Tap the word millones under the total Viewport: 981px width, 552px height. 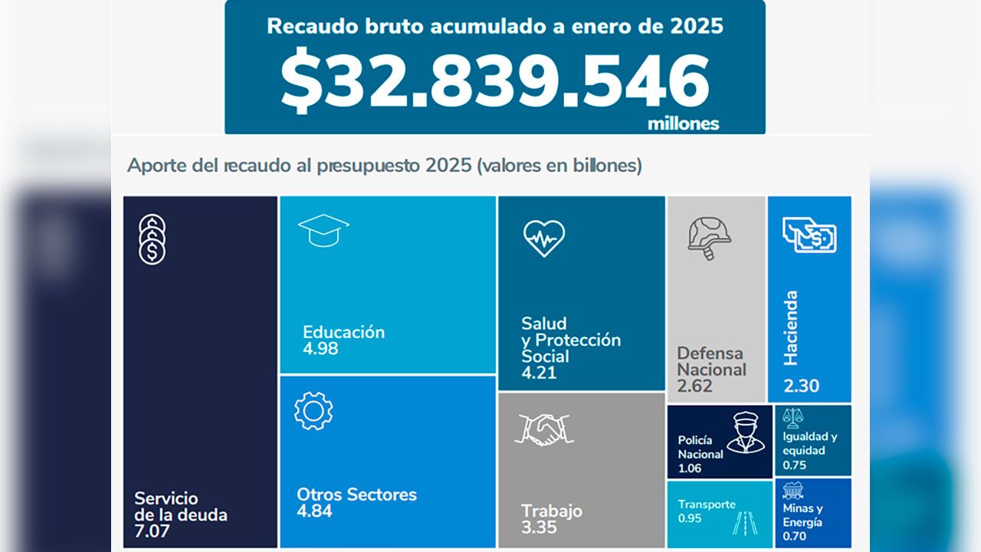(683, 123)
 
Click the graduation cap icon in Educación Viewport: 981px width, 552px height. (323, 230)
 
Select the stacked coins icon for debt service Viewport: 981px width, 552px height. (152, 240)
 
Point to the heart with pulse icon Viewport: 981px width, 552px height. (544, 238)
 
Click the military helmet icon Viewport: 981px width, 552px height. (709, 237)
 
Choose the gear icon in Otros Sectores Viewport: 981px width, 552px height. (313, 410)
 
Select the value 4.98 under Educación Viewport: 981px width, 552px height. (320, 349)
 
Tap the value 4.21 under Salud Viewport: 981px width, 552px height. (539, 373)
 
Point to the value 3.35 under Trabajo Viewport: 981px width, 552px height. (539, 527)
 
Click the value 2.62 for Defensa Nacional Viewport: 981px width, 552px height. (694, 386)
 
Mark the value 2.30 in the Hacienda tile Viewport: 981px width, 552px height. (801, 386)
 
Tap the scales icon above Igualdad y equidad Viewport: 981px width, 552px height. (793, 417)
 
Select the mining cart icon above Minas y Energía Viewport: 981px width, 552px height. (793, 490)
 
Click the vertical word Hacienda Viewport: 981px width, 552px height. (792, 328)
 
